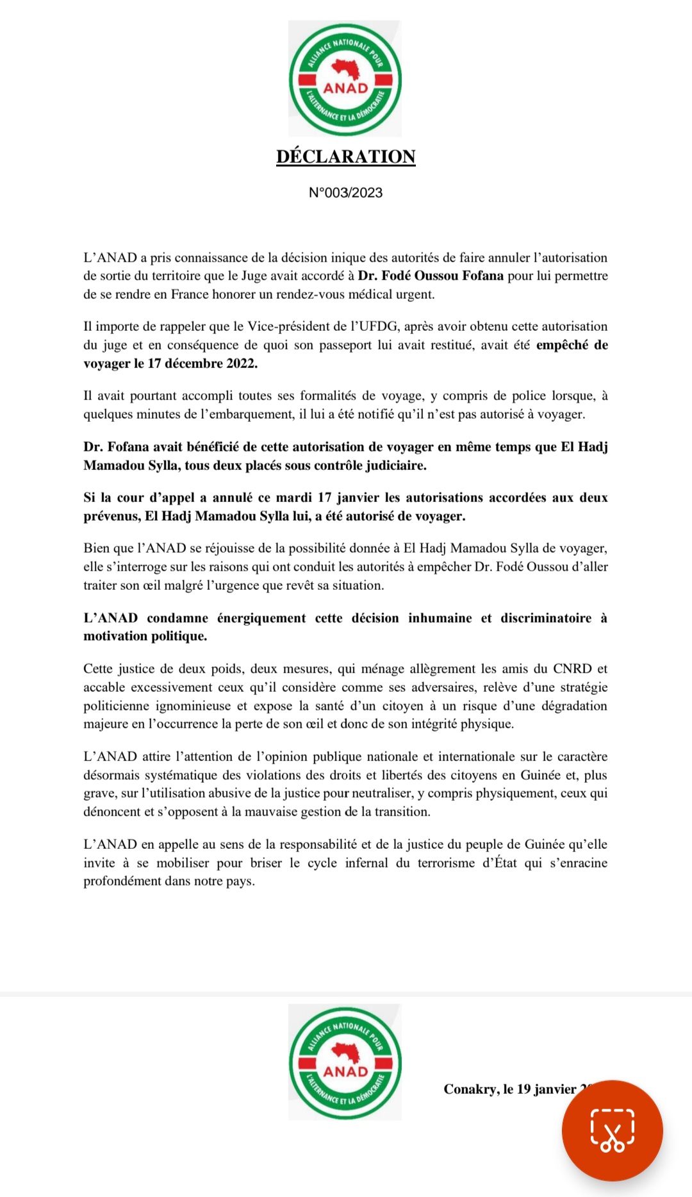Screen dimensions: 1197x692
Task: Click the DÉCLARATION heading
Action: (346, 156)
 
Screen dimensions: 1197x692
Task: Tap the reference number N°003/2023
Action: (345, 192)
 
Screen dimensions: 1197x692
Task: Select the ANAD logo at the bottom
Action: (345, 1062)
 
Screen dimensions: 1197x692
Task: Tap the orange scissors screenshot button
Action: (612, 1130)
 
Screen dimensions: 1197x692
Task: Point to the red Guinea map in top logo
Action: (345, 68)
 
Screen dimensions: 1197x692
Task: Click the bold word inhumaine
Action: (440, 618)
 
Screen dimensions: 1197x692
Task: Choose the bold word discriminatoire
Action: (546, 618)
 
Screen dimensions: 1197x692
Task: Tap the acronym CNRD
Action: (572, 669)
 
